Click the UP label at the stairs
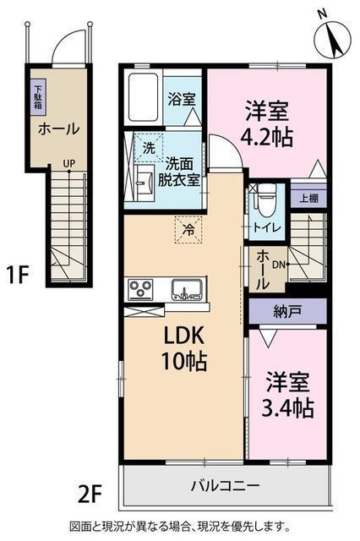pos(69,163)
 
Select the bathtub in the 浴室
pos(144,97)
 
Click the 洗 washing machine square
pos(148,148)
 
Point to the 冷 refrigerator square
pos(188,229)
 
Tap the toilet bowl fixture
pos(267,199)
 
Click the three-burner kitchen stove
pos(140,289)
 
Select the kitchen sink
pos(187,289)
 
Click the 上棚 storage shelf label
pos(308,199)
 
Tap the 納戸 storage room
pos(287,312)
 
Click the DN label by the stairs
pos(279,265)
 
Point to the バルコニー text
pos(226,486)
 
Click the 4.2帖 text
pos(266,137)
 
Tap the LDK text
pos(183,336)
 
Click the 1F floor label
pos(17,274)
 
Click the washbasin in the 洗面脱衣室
pos(145,183)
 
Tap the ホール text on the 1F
pos(59,129)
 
